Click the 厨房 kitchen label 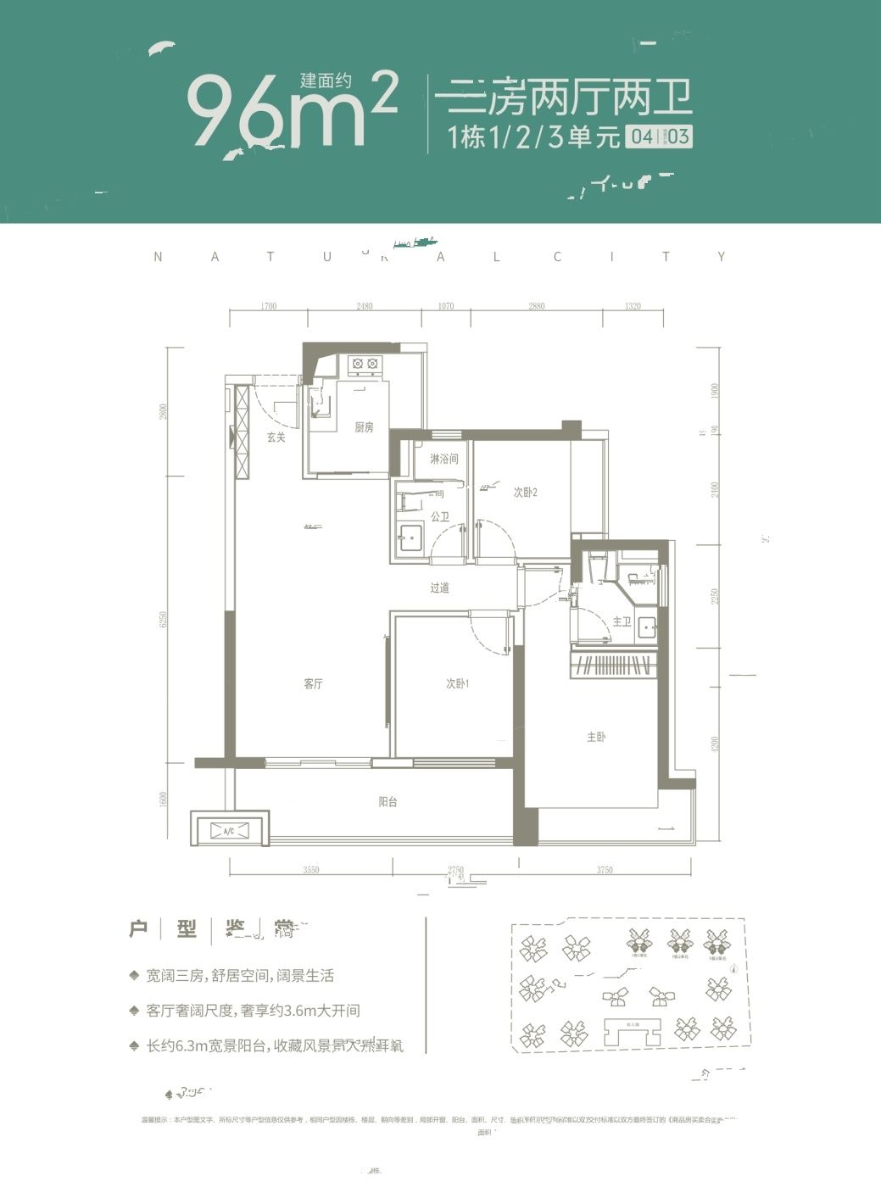(364, 427)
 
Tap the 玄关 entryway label (276, 437)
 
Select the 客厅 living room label (314, 684)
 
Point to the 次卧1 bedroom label (458, 684)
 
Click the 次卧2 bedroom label (526, 492)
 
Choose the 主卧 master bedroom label (596, 738)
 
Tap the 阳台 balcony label (388, 801)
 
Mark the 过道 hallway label (439, 588)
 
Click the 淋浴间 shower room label (443, 459)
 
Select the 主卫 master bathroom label (622, 621)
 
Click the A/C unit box (229, 831)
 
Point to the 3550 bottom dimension (311, 870)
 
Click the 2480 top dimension (365, 306)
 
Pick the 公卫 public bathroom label (439, 515)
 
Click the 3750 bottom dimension (605, 870)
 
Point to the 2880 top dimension (536, 306)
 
